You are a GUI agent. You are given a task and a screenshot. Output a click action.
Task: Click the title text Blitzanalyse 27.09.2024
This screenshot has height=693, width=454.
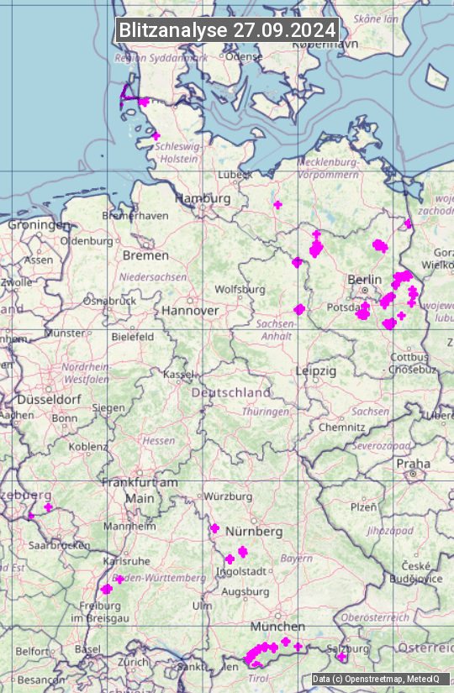click(x=227, y=29)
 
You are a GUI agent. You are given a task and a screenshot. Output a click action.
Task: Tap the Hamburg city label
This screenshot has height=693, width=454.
click(x=203, y=198)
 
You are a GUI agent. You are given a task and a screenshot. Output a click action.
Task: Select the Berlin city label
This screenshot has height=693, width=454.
click(x=364, y=279)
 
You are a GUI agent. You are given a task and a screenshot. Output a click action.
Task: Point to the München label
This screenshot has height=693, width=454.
click(x=277, y=627)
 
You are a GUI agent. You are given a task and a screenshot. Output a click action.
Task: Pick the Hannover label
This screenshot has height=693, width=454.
click(x=190, y=310)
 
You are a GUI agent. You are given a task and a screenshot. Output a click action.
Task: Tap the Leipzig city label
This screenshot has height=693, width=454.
click(x=315, y=370)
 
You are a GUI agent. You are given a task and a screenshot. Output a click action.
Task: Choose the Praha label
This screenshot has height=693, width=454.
click(x=414, y=464)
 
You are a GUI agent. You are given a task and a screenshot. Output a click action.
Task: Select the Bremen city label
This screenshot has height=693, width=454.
click(x=145, y=255)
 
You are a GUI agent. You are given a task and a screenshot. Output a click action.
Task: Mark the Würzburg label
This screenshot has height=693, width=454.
click(x=228, y=496)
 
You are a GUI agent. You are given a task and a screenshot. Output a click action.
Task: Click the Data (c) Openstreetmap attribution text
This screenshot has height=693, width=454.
click(x=376, y=679)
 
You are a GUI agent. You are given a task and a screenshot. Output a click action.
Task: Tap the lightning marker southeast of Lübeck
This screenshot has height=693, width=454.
click(x=277, y=205)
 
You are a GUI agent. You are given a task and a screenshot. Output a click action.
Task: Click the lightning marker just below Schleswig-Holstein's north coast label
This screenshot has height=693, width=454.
click(x=156, y=136)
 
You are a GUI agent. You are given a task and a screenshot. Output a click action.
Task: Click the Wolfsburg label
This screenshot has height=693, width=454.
click(x=240, y=289)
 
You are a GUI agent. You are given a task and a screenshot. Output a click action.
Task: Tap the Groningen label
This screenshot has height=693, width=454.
click(x=40, y=225)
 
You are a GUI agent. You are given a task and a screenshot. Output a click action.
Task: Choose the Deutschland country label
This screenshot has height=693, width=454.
click(x=231, y=392)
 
